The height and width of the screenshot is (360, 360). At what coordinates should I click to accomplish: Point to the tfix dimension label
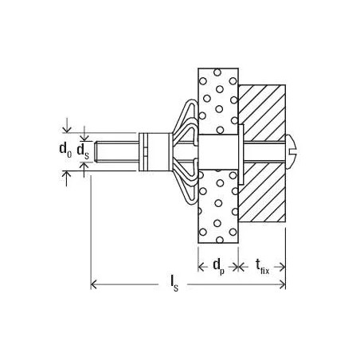point(260,265)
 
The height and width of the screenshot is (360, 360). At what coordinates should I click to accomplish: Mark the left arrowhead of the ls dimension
point(96,284)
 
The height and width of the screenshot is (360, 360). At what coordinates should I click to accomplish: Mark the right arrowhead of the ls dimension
point(280,284)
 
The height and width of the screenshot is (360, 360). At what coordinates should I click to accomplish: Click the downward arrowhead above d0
point(66,129)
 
